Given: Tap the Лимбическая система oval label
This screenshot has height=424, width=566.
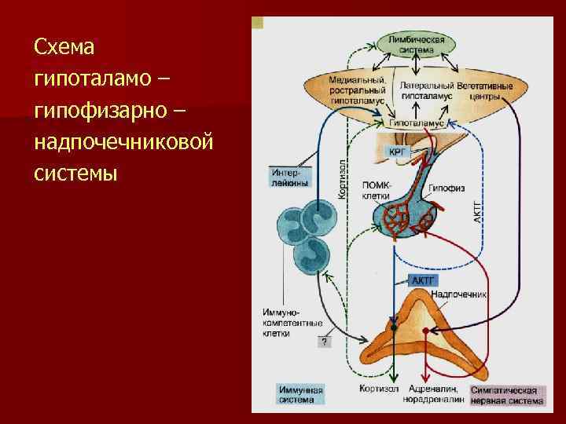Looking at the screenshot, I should tap(416, 44).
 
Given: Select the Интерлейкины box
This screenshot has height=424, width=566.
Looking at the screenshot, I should tap(289, 177).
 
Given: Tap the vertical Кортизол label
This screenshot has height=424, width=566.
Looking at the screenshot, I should tap(344, 176).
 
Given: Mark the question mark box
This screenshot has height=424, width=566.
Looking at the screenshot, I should tap(325, 341).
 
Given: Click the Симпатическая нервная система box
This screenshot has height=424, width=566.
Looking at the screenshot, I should tap(507, 395).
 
